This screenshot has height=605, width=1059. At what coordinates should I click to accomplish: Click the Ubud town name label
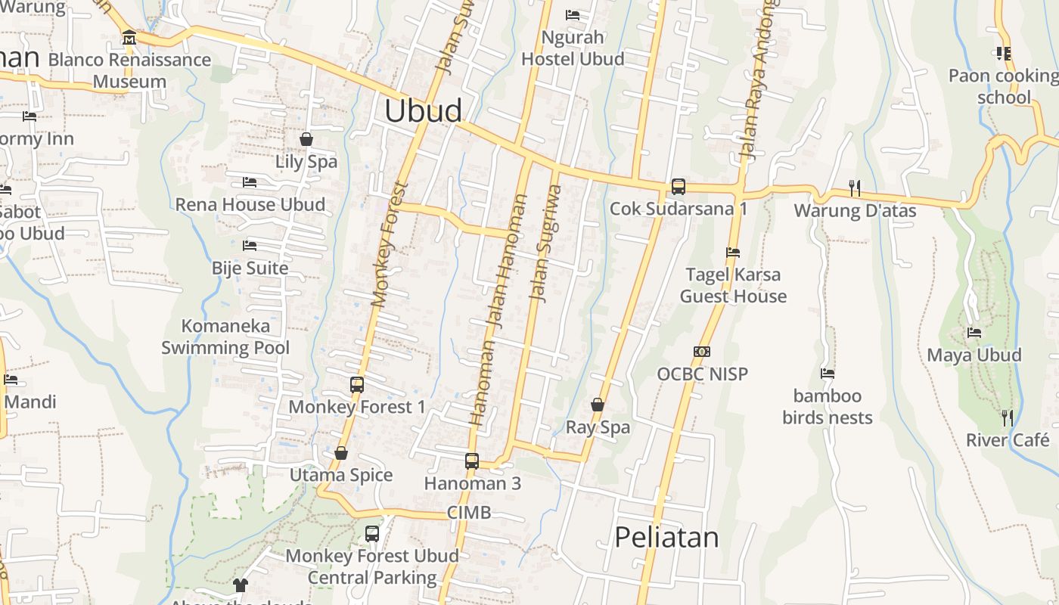423,110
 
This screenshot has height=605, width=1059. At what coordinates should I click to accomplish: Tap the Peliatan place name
666,537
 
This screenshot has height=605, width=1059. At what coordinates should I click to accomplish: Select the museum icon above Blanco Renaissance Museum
129,37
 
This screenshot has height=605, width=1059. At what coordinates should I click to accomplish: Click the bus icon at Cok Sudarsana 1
679,186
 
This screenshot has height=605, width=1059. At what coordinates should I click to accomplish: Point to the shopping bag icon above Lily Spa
306,139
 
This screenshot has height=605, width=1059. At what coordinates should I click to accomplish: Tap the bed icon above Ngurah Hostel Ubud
573,14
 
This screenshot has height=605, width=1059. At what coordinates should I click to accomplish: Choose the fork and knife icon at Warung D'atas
855,188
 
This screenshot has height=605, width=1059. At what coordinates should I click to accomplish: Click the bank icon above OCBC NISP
702,352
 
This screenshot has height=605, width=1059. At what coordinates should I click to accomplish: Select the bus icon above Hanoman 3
472,461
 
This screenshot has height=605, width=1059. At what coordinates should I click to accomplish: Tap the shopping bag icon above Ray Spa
598,405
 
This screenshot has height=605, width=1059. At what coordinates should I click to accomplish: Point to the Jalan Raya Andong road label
759,79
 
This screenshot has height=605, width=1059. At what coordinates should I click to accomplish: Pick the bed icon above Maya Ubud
974,332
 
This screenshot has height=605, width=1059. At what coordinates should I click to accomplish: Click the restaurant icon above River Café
1008,417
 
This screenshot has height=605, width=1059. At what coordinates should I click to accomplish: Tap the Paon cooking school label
1004,86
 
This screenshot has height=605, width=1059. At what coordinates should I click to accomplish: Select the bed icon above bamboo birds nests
828,373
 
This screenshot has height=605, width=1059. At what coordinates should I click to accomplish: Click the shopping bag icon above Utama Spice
341,453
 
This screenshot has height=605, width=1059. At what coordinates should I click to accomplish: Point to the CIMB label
469,513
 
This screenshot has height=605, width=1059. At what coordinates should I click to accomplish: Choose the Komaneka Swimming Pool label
225,337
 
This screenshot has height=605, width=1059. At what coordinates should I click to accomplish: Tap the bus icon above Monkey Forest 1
357,385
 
